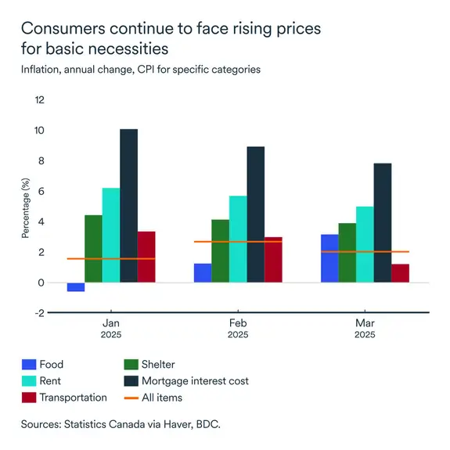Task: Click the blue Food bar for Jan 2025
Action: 76,287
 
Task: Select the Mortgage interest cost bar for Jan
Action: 128,205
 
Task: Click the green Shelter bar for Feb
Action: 220,250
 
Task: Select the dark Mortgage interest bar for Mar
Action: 383,222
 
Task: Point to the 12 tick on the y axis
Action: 39,100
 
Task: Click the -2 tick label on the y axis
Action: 39,313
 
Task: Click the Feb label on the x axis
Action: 238,322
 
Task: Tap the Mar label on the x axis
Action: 365,322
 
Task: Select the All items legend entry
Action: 161,398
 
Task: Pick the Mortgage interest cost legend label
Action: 195,381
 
